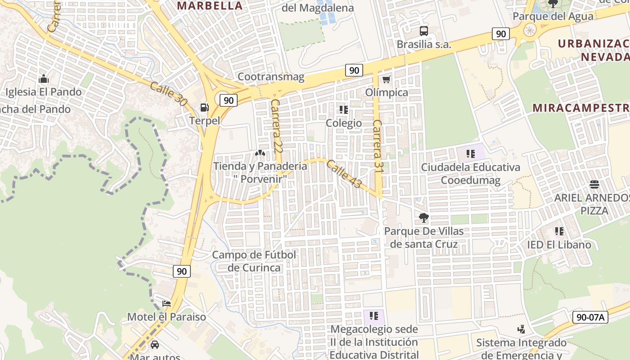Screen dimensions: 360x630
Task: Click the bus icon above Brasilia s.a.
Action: [423, 31]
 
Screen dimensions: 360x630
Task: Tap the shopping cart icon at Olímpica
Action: [386, 80]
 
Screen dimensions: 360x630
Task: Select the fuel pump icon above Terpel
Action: [204, 107]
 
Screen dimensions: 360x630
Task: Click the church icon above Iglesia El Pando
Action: [44, 79]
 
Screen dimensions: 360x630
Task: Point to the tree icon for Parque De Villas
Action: [423, 218]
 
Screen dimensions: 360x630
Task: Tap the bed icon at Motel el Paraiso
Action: [166, 303]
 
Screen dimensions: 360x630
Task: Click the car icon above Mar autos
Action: [155, 345]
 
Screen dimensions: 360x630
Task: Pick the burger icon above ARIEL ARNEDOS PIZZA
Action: [594, 184]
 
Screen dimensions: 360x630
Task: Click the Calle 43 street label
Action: [344, 174]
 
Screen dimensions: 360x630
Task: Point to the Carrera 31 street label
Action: [378, 145]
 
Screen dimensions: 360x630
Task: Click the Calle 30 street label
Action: [168, 94]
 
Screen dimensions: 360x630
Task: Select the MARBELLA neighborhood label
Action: [210, 6]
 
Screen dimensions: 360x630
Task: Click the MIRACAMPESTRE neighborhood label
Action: [580, 108]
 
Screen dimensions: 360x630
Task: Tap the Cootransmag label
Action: [271, 77]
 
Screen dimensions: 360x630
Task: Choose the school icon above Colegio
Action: [344, 110]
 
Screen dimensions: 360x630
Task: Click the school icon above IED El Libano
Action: [559, 231]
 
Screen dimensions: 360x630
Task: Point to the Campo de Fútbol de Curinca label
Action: [254, 261]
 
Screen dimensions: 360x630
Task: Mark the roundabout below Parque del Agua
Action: [530, 31]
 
